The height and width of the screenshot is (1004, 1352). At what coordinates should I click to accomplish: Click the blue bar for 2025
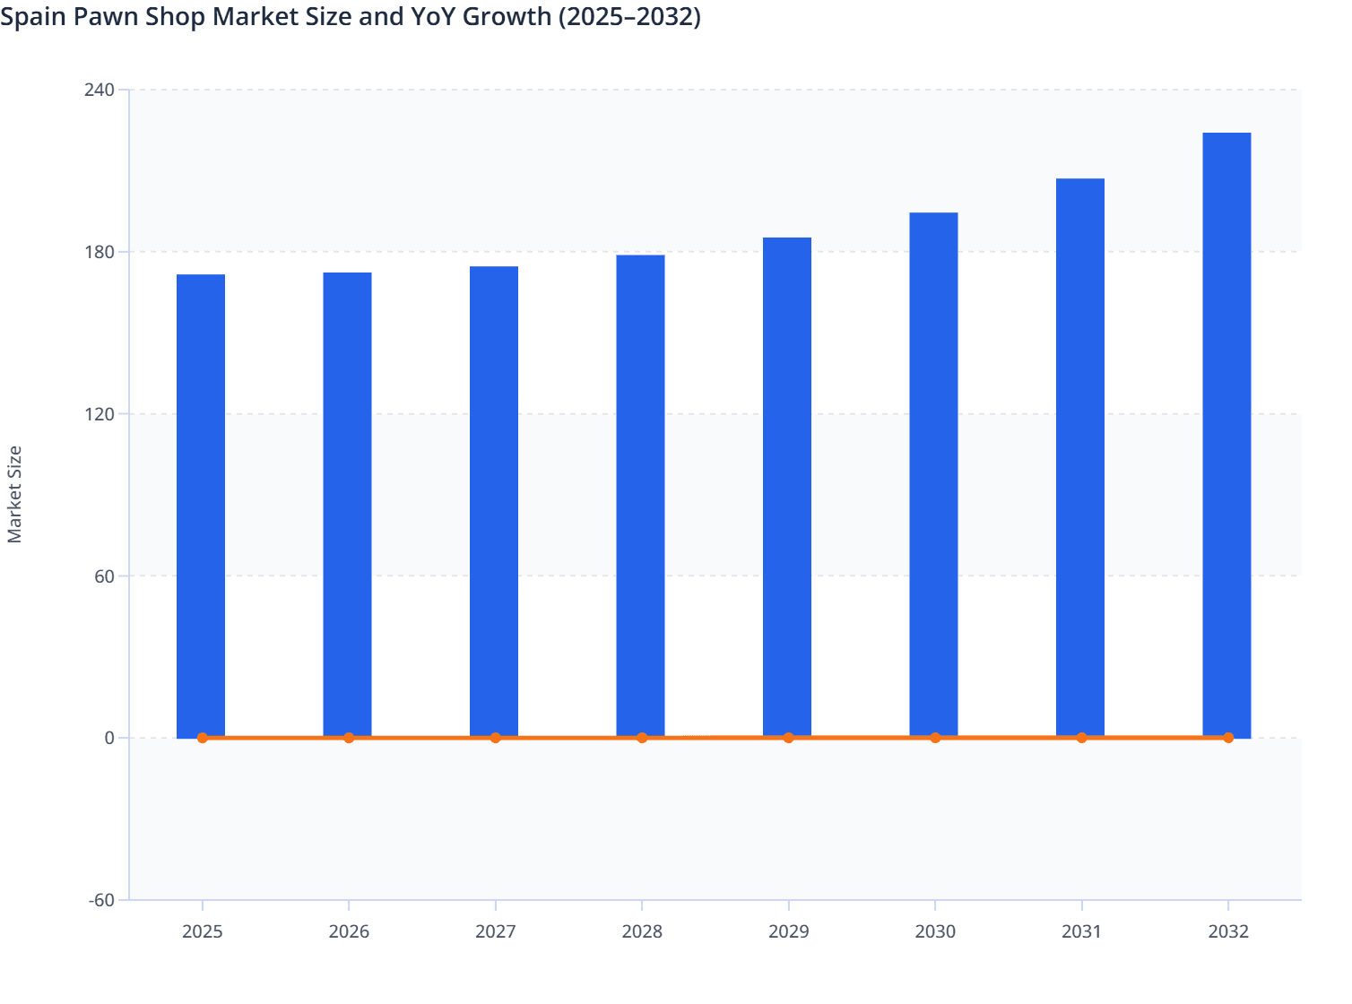[x=201, y=506]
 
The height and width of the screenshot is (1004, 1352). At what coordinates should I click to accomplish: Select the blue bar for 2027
[x=494, y=502]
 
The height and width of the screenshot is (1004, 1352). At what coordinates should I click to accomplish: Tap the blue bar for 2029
[x=787, y=488]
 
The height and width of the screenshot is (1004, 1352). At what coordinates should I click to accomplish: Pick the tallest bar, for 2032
[x=1226, y=435]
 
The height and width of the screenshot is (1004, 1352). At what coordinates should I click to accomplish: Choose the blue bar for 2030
[x=933, y=475]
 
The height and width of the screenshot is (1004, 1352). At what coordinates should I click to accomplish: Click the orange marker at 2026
[x=349, y=738]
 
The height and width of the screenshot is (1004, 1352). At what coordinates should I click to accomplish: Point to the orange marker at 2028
[x=642, y=738]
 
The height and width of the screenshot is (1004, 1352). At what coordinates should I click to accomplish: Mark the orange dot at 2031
[x=1081, y=738]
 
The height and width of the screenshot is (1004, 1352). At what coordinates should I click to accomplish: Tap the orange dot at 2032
[x=1228, y=738]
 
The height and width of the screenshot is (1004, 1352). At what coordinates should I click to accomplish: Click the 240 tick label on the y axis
[x=100, y=90]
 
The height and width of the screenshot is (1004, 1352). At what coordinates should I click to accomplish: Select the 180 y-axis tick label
[x=100, y=252]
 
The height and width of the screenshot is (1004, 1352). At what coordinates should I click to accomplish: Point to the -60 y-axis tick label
[x=101, y=900]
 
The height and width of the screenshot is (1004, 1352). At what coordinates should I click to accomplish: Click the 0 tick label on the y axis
[x=109, y=738]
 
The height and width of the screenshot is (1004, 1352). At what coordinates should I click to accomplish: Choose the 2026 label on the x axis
[x=349, y=931]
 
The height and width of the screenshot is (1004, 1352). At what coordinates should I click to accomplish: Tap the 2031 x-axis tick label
[x=1081, y=931]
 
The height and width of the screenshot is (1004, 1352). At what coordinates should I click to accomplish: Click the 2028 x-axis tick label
[x=642, y=931]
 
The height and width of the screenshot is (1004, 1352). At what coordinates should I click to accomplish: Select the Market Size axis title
[x=14, y=495]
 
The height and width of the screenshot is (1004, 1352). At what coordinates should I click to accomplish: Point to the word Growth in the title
[x=507, y=16]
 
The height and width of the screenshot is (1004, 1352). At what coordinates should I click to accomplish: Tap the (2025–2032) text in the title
[x=629, y=16]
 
